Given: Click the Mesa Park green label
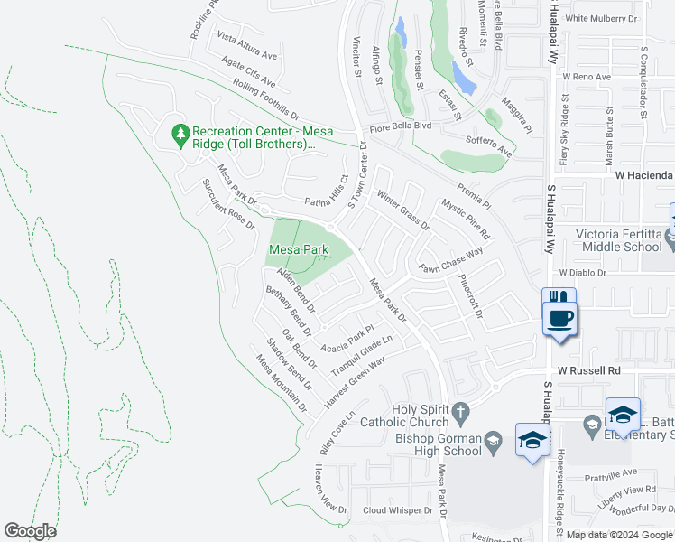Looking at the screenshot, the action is click(297, 249).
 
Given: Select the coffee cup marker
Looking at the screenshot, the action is click(561, 318).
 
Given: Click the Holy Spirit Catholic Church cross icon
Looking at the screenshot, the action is click(460, 411).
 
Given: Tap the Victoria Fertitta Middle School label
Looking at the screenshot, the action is click(621, 240).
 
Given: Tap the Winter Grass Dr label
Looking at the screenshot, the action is click(403, 210).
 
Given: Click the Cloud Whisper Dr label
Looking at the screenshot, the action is click(397, 510).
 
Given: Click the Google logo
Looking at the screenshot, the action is click(31, 531).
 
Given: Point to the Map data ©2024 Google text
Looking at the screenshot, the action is click(617, 535).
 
